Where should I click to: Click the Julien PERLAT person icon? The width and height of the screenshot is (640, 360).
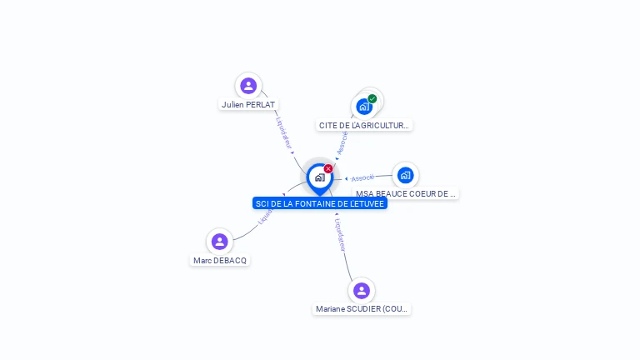(x=248, y=86)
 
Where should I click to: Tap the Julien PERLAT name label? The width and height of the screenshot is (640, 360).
(x=248, y=105)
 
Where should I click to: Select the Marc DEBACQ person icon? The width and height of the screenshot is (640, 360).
(x=220, y=242)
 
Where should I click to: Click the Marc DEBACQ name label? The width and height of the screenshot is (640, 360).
(x=220, y=261)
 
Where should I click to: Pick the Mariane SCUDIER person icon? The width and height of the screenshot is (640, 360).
(x=361, y=291)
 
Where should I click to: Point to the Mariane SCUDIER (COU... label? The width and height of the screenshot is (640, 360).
(x=362, y=309)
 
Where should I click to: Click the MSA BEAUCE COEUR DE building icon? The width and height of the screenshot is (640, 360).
(x=405, y=175)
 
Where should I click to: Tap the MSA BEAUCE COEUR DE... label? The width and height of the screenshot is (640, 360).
(x=405, y=194)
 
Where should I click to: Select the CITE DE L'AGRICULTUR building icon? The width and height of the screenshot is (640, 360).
(x=364, y=107)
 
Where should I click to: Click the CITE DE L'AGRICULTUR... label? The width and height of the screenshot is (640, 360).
(x=364, y=126)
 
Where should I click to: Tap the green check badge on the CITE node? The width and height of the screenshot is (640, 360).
(x=372, y=98)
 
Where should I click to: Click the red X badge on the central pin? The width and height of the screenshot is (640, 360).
(x=328, y=169)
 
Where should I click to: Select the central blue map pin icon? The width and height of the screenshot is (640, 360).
(x=319, y=177)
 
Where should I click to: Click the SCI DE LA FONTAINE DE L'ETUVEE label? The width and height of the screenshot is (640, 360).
(x=320, y=203)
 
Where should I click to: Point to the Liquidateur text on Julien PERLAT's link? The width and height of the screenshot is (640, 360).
(x=284, y=133)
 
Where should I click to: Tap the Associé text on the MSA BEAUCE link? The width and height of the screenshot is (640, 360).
(x=362, y=178)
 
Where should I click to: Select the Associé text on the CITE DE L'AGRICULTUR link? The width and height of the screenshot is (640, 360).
(x=342, y=142)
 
